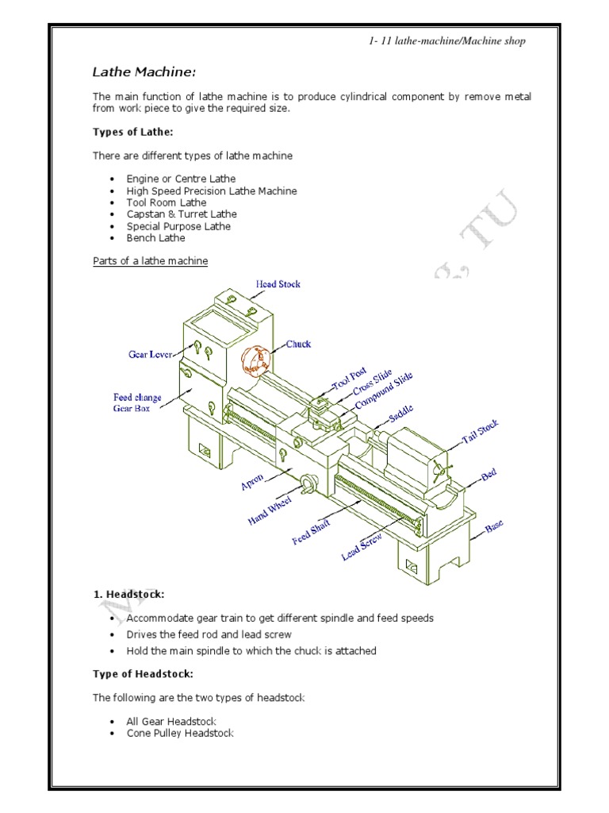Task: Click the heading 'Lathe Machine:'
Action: pyautogui.click(x=144, y=73)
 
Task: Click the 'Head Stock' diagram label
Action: pyautogui.click(x=278, y=283)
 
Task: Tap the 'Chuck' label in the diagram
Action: pyautogui.click(x=298, y=344)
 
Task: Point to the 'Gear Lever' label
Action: pyautogui.click(x=151, y=354)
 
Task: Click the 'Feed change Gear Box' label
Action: pyautogui.click(x=137, y=403)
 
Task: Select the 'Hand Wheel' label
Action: pyautogui.click(x=270, y=509)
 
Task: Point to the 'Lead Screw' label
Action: pyautogui.click(x=362, y=547)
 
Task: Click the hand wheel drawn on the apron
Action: pyautogui.click(x=309, y=482)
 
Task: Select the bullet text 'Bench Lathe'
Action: pyautogui.click(x=155, y=237)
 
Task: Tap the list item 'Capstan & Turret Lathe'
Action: pyautogui.click(x=181, y=214)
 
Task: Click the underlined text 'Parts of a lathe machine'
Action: pyautogui.click(x=151, y=261)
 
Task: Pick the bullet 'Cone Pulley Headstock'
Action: pyautogui.click(x=180, y=734)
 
